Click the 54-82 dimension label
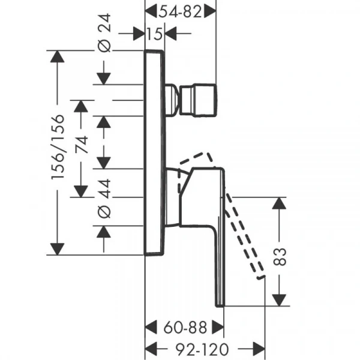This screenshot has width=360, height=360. point(181,12)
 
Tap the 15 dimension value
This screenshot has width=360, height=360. point(155,34)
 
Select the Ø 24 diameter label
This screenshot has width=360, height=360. point(104,32)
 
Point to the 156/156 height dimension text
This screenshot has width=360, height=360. point(58,147)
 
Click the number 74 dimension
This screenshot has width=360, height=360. point(82,145)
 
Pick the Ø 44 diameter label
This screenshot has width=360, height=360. point(104,199)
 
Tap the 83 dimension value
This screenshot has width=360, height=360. point(280,257)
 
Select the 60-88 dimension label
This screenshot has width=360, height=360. point(185,328)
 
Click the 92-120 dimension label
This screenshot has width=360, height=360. point(202,349)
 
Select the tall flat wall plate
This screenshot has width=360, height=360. point(154,152)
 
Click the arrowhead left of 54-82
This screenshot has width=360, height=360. point(151,11)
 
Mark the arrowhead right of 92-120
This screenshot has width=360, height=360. point(259,349)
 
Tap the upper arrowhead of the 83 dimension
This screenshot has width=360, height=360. point(279,203)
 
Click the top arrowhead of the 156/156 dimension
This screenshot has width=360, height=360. point(57,56)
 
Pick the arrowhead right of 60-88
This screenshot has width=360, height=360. point(218,328)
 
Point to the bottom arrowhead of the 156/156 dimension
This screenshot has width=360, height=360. point(57,249)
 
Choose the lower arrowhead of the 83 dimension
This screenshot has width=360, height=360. point(279,300)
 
